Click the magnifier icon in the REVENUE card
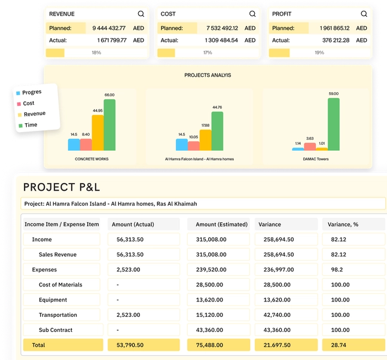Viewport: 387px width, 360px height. [141, 14]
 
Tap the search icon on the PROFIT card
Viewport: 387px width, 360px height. [364, 14]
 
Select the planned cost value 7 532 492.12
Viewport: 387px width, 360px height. [222, 28]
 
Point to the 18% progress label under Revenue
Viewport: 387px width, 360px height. [96, 53]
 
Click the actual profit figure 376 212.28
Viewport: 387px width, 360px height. [336, 40]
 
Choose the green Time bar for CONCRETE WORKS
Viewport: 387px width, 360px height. [109, 125]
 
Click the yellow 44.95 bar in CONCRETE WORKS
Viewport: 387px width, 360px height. [97, 133]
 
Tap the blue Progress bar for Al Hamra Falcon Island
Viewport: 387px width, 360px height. [182, 145]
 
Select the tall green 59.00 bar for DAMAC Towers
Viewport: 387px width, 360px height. [334, 124]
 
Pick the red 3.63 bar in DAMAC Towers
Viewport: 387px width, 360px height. [310, 147]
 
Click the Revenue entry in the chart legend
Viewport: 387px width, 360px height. [35, 114]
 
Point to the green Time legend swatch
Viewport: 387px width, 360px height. [20, 126]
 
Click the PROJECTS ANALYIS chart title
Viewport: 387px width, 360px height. [208, 75]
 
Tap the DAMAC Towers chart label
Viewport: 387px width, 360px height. [316, 159]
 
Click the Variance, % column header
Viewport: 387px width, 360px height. [343, 224]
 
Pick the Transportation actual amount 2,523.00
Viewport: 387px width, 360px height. [129, 315]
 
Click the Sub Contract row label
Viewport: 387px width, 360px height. [56, 330]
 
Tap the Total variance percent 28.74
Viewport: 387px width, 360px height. [339, 345]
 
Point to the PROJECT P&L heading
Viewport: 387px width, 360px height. [62, 187]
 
